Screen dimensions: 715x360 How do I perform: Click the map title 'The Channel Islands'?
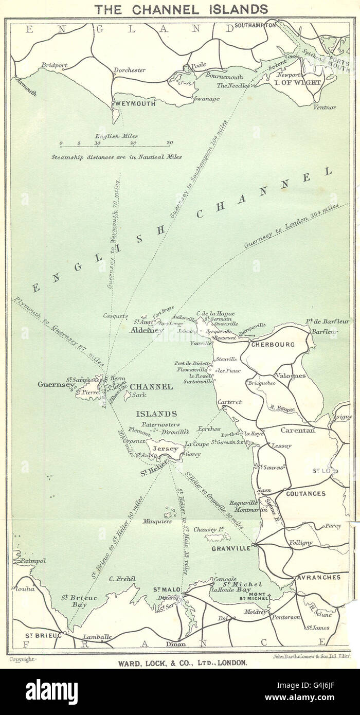pos(179,9)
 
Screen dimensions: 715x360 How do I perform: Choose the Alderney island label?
pos(146,330)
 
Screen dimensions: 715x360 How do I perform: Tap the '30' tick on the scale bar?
pos(169,144)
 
